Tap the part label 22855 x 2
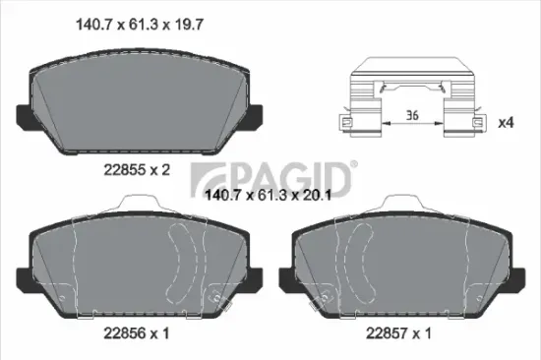pos(137,169)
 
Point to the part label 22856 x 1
pos(137,333)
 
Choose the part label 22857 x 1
pos(399,333)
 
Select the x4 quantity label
pos(508,123)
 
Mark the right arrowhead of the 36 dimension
pos(443,124)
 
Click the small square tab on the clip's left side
pos(346,123)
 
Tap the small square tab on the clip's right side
pos(478,123)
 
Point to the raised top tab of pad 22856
pos(137,203)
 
